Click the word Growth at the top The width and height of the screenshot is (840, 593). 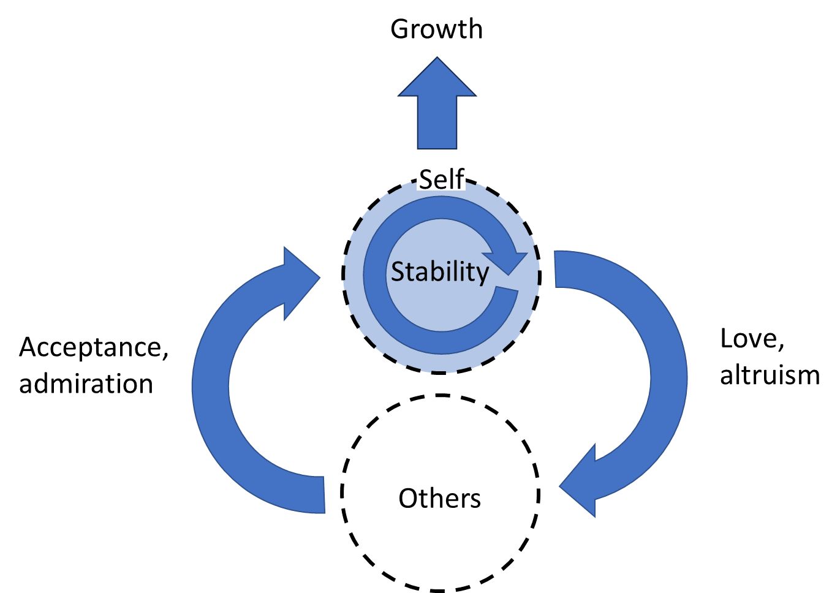[x=436, y=29]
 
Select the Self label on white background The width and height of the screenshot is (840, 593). [x=441, y=178]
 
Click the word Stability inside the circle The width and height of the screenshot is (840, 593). [x=440, y=272]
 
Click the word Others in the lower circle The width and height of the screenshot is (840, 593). [x=439, y=499]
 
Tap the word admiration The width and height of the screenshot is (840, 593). [x=86, y=384]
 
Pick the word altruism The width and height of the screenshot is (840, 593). [x=770, y=375]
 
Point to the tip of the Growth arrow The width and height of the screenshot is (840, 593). [x=437, y=60]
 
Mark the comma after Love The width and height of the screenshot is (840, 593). [x=781, y=347]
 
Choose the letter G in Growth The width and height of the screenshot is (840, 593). [x=400, y=29]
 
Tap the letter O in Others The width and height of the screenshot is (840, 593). [x=409, y=499]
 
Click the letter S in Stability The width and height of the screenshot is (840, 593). [x=398, y=272]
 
